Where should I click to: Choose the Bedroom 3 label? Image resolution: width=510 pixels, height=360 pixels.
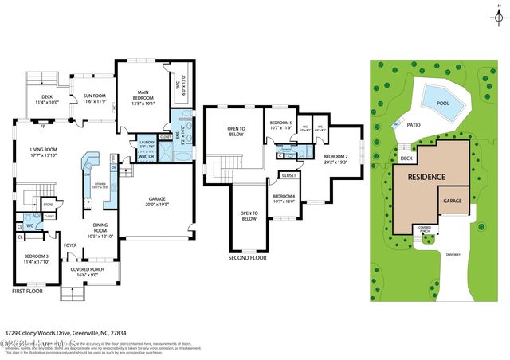tap(36, 258)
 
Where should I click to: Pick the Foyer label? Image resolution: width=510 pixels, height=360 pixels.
tap(71, 245)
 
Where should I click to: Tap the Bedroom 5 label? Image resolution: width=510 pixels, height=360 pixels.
tap(281, 125)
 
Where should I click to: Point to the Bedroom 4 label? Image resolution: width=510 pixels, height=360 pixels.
tap(284, 198)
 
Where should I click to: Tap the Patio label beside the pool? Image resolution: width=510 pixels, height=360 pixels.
tap(413, 125)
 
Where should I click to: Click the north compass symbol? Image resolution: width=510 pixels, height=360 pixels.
tap(498, 15)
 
